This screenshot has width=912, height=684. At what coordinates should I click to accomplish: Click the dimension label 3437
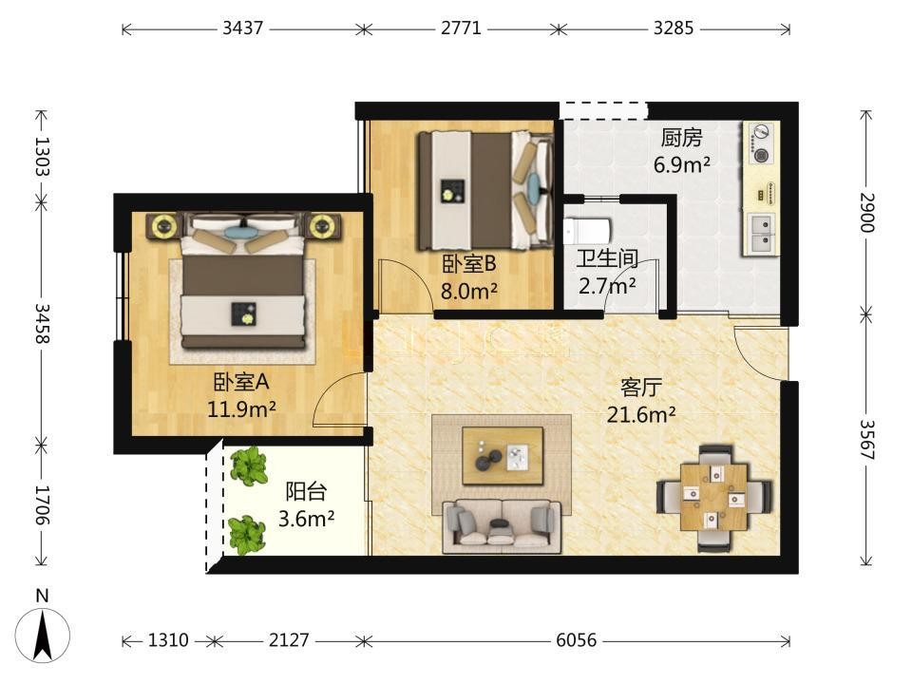tap(242, 28)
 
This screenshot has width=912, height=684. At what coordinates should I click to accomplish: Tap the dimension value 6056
tap(576, 640)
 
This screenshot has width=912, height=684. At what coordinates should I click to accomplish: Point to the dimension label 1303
tap(43, 156)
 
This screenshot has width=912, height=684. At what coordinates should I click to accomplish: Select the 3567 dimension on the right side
tap(866, 439)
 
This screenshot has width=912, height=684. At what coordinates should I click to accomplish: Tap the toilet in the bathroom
tap(587, 231)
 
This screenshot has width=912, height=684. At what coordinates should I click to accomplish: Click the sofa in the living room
tap(502, 526)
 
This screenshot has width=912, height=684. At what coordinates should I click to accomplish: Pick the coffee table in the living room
tap(503, 455)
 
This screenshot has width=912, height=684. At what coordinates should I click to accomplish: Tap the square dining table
tap(714, 496)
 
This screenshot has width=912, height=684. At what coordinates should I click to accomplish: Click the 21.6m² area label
tap(641, 415)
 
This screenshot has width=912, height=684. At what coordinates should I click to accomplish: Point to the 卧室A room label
tap(240, 382)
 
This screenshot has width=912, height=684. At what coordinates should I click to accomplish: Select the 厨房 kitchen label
tap(681, 138)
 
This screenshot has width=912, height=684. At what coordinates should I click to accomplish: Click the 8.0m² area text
tap(468, 291)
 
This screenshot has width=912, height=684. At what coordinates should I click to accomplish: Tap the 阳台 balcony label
tap(305, 491)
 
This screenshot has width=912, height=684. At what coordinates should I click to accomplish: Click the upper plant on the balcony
tap(249, 465)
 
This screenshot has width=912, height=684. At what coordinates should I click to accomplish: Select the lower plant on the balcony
tap(247, 535)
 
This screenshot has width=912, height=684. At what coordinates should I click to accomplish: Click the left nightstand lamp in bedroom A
tap(165, 226)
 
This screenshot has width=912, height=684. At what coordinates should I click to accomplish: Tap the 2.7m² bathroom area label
tap(607, 286)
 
